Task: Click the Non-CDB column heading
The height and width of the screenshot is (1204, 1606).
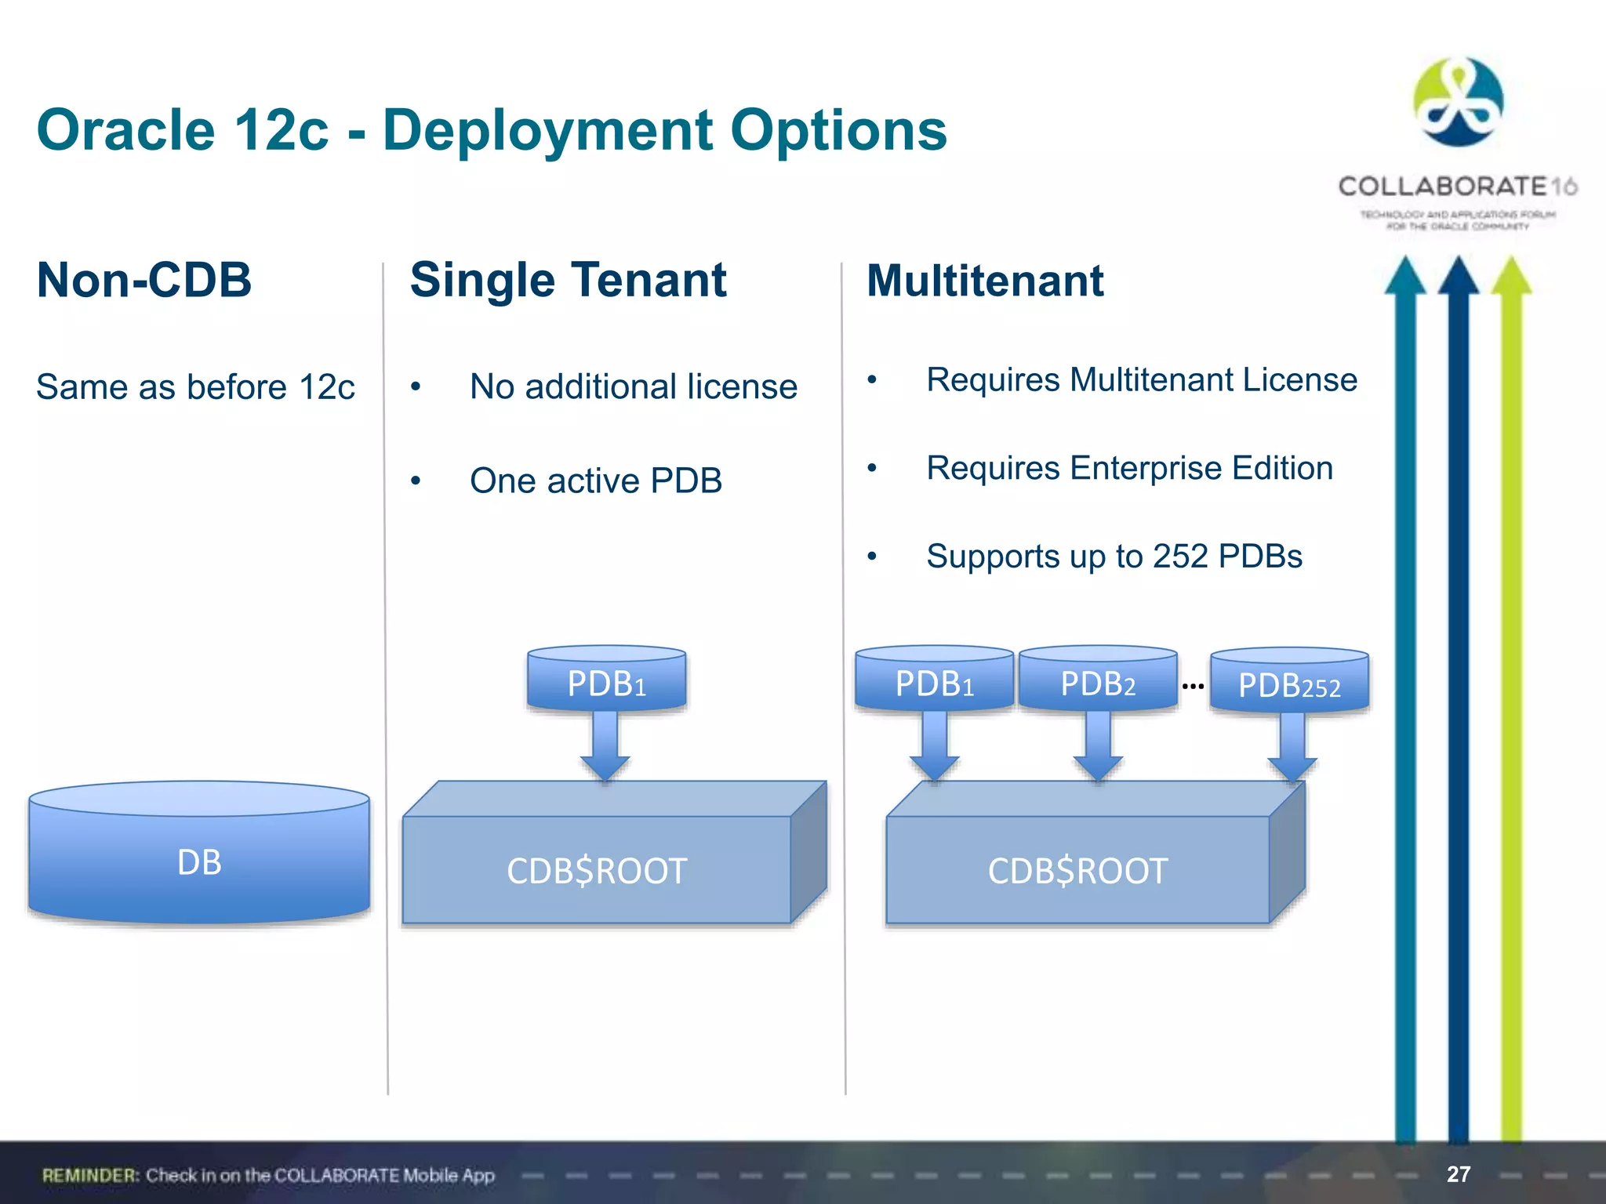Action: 144,280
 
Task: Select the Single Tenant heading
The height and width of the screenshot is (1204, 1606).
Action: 568,280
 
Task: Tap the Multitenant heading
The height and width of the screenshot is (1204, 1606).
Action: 985,281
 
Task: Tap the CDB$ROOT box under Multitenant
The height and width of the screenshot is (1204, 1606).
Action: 1078,870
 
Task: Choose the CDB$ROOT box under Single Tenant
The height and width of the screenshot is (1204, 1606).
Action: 597,870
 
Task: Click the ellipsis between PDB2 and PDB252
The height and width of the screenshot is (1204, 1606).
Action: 1193,687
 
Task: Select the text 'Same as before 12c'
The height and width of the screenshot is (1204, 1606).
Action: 195,387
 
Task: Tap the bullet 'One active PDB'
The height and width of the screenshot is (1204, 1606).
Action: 595,481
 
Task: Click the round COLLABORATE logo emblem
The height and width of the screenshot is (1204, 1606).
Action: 1458,103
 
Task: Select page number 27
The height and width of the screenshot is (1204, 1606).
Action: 1458,1173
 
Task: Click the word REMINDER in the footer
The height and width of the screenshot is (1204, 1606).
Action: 90,1175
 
